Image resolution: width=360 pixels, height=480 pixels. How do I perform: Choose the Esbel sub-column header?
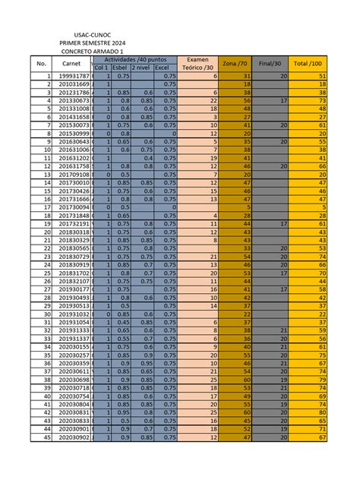tap(122, 68)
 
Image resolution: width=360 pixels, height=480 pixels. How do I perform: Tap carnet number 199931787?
tap(74, 77)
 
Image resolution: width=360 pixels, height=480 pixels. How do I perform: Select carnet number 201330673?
tap(74, 100)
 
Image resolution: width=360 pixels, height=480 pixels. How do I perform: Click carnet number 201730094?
tap(74, 207)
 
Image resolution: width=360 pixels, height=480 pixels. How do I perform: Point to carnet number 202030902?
tap(74, 437)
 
